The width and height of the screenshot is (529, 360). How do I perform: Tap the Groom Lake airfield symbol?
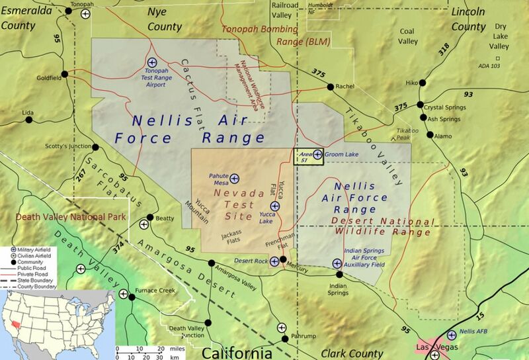(317, 154)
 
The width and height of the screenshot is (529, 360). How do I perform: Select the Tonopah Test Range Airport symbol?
(151, 62)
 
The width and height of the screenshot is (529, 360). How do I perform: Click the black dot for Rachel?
(329, 86)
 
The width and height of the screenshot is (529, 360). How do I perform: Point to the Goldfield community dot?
(64, 73)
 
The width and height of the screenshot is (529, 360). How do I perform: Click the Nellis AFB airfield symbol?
(452, 335)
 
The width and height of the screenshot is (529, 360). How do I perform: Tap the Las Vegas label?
(432, 347)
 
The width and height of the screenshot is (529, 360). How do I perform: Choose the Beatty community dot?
(151, 217)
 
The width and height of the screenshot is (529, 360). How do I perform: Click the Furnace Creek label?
(155, 291)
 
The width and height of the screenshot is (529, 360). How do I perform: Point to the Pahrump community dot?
(285, 338)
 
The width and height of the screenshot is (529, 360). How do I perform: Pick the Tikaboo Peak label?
(408, 134)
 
